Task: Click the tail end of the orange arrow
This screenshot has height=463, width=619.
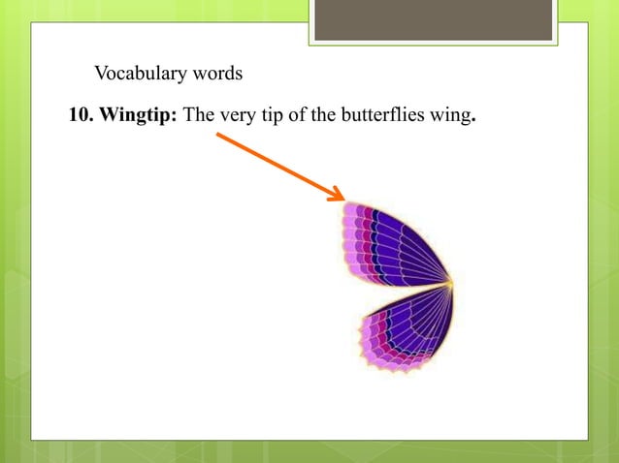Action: coord(218,136)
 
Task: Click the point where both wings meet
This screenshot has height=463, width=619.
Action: coord(451,284)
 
